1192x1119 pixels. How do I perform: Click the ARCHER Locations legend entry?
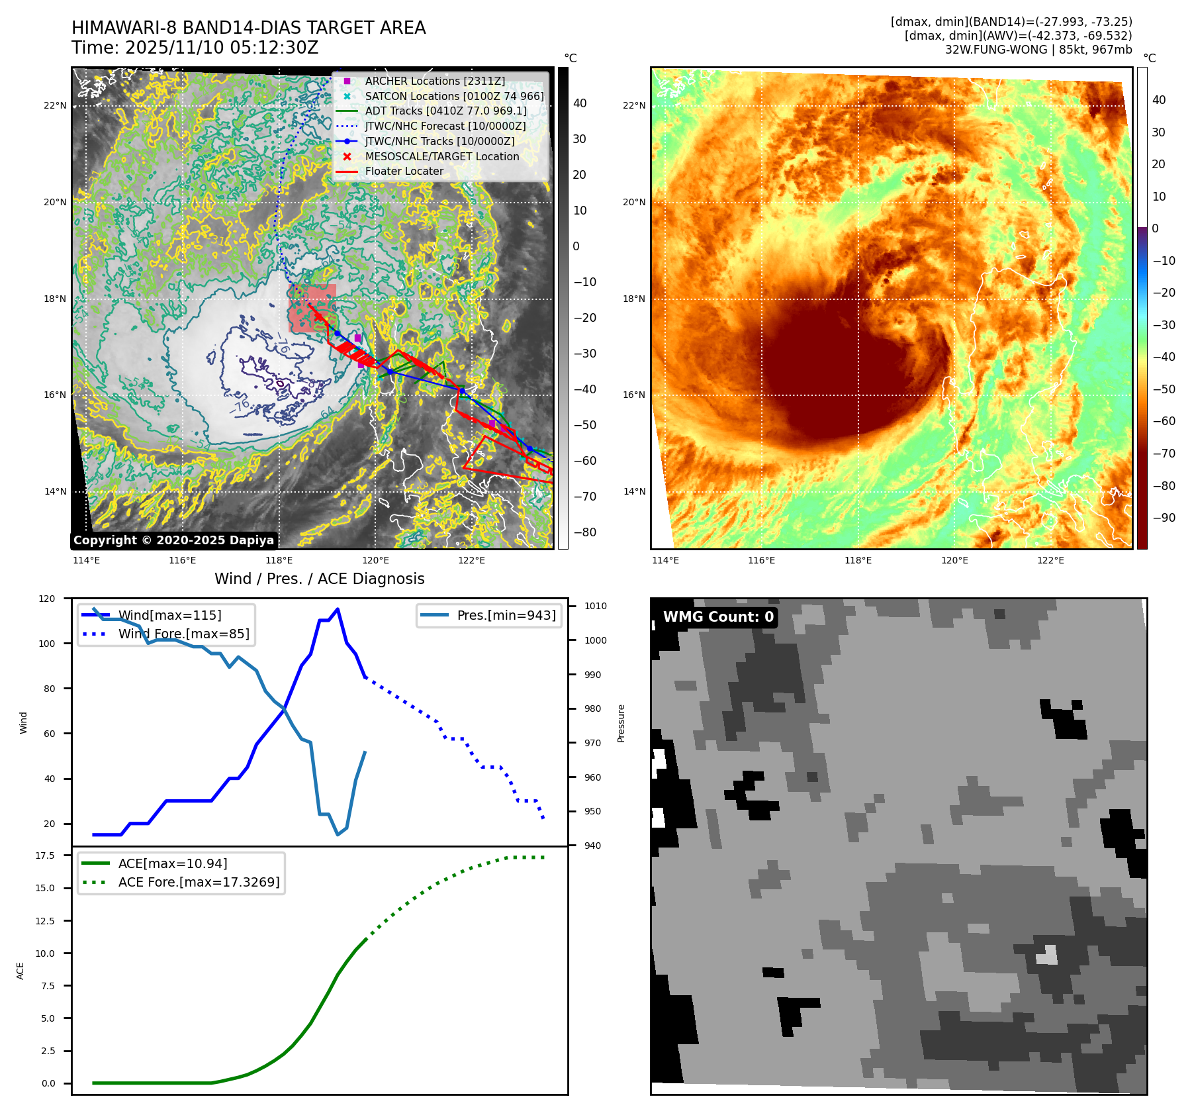(434, 81)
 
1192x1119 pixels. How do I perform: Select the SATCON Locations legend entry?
(454, 96)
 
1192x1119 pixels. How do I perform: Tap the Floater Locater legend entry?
(404, 171)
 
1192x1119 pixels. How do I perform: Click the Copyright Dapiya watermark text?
(173, 540)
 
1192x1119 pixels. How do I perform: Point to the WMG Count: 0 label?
(718, 617)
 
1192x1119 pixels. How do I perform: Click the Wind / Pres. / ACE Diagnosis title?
(319, 579)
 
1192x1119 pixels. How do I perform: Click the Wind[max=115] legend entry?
(169, 615)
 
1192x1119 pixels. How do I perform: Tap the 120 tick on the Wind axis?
(48, 599)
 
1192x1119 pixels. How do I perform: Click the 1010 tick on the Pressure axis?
(595, 606)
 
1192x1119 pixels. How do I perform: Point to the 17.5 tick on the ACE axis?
(45, 855)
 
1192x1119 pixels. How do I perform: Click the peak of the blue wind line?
(338, 609)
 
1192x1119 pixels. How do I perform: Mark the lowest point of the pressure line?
(338, 834)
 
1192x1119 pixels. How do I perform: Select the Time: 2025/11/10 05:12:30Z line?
(195, 48)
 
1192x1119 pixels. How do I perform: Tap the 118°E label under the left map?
(279, 560)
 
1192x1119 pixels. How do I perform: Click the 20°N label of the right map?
(633, 202)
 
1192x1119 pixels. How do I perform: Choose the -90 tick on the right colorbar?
(1164, 518)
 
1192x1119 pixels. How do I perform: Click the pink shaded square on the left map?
(312, 309)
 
